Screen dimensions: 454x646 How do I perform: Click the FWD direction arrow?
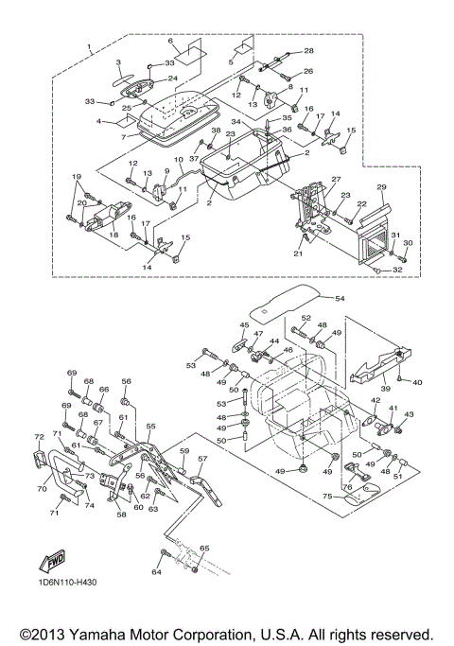tap(52, 561)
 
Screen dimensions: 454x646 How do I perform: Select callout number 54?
tap(340, 298)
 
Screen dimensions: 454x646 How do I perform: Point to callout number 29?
tap(381, 187)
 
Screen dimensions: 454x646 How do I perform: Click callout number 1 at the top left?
tap(90, 45)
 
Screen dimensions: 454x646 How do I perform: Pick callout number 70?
tap(42, 489)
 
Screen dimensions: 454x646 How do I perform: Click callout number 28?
tap(308, 51)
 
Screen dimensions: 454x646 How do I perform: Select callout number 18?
tap(113, 235)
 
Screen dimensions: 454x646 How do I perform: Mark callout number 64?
tap(156, 572)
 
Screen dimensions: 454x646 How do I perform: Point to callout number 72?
tap(39, 437)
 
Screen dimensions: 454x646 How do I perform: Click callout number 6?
tap(170, 41)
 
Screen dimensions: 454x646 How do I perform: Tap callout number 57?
tap(202, 459)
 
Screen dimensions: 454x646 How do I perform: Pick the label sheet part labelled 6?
tap(190, 52)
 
